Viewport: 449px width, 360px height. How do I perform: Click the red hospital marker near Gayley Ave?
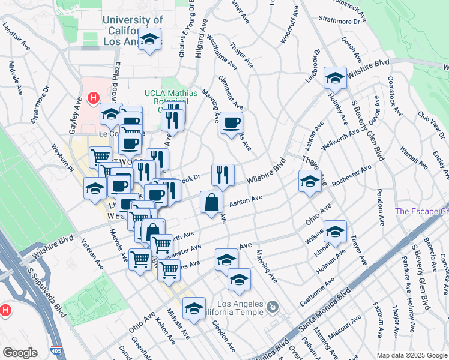(x=93, y=97)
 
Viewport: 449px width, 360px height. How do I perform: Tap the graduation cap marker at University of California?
(x=149, y=41)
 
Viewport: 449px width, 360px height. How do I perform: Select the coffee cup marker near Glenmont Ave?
(x=231, y=124)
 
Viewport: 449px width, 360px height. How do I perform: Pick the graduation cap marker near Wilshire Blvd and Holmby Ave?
(x=335, y=78)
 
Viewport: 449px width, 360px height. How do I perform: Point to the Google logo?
(x=20, y=353)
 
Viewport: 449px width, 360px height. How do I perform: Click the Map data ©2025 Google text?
(x=412, y=355)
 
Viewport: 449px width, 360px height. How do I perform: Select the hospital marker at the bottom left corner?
(x=5, y=311)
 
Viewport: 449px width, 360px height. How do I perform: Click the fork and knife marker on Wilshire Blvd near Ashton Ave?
(x=223, y=175)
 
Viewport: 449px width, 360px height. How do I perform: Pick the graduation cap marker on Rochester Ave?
(x=309, y=181)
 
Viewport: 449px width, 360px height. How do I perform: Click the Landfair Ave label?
(x=17, y=37)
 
